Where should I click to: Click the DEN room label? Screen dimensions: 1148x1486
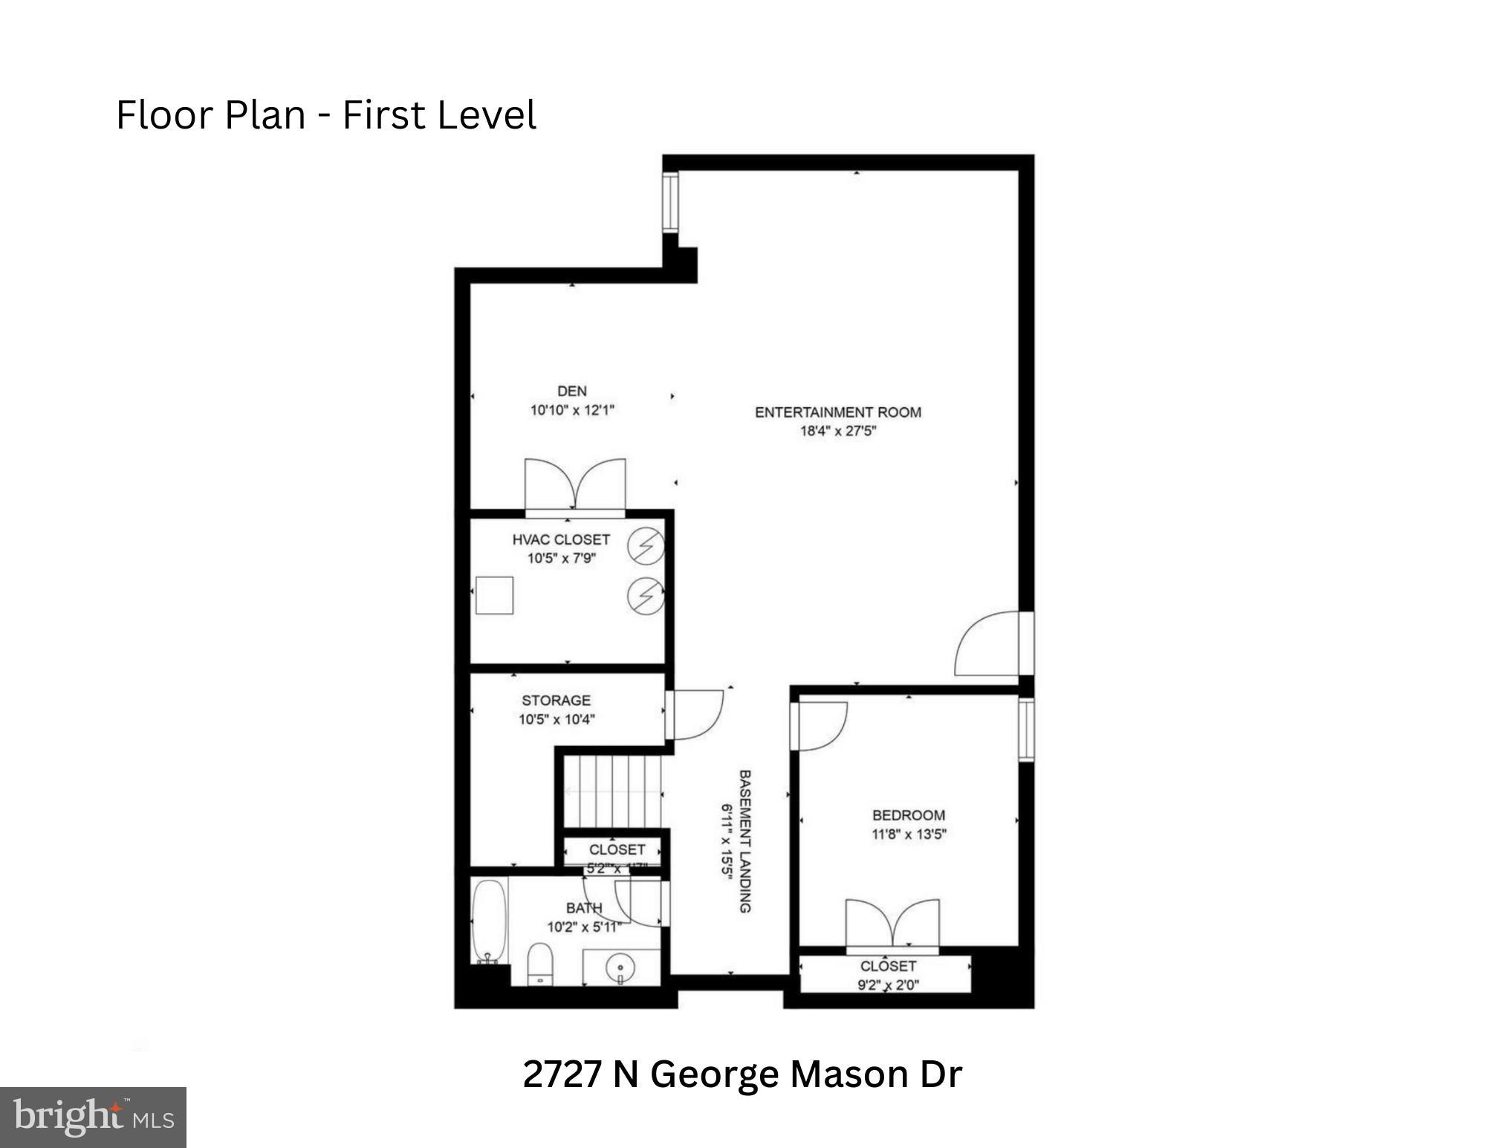pyautogui.click(x=571, y=391)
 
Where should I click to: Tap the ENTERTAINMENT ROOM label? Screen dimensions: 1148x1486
pyautogui.click(x=837, y=412)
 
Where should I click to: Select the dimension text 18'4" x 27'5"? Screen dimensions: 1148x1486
pyautogui.click(x=837, y=431)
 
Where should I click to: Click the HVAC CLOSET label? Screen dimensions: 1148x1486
pyautogui.click(x=560, y=539)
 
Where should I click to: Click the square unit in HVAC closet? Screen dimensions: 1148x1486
pyautogui.click(x=494, y=594)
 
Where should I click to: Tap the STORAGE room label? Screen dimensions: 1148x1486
pyautogui.click(x=556, y=700)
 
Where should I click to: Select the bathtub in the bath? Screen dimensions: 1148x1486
pyautogui.click(x=489, y=921)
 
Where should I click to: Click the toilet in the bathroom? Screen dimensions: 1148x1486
pyautogui.click(x=539, y=964)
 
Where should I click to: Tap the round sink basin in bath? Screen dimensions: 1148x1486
pyautogui.click(x=620, y=967)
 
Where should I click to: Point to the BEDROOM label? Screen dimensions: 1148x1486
pyautogui.click(x=908, y=815)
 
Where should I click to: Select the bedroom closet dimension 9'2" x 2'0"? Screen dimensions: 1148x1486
pyautogui.click(x=888, y=985)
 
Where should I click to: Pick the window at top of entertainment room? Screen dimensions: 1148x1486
pyautogui.click(x=670, y=201)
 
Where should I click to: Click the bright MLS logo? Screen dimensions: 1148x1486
pyautogui.click(x=93, y=1118)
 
